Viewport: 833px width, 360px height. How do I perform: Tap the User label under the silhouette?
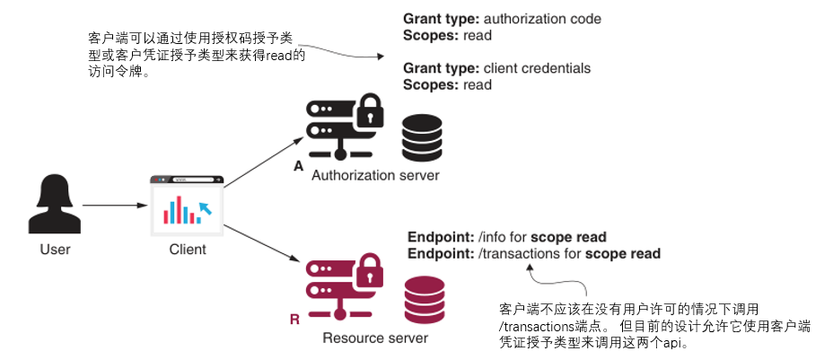(x=55, y=249)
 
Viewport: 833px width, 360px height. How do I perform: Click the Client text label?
(x=187, y=249)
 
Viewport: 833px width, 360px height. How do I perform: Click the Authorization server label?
(x=375, y=175)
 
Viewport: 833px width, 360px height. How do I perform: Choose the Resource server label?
(x=375, y=338)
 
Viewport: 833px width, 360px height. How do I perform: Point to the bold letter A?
(x=298, y=167)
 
